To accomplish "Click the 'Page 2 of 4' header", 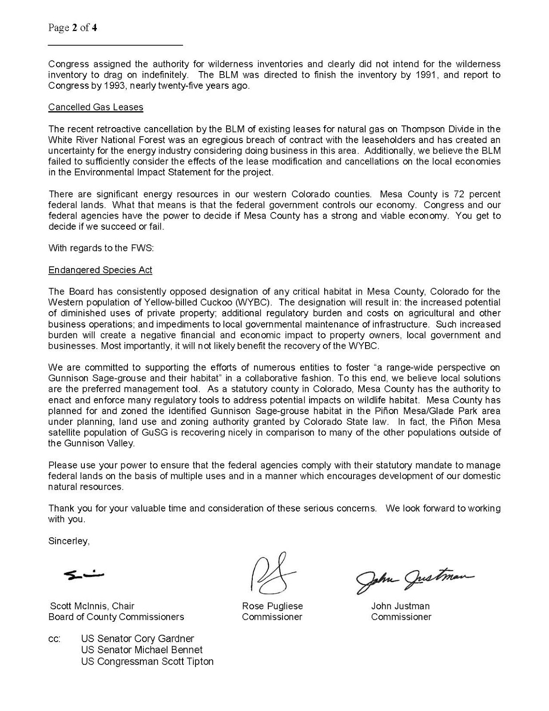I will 73,28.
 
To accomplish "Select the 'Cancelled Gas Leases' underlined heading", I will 95,107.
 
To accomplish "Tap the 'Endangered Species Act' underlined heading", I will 100,270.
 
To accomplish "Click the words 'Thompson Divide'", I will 438,129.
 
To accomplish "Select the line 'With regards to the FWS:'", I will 101,248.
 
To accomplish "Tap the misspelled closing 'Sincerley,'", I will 69,541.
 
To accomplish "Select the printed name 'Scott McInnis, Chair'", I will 92,606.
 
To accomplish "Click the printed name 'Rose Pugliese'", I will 272,606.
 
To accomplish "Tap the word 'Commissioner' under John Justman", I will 401,617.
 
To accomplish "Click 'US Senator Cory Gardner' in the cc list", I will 137,639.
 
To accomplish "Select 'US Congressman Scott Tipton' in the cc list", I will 147,661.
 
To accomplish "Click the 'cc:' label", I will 54,639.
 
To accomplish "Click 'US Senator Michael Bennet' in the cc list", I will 142,650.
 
